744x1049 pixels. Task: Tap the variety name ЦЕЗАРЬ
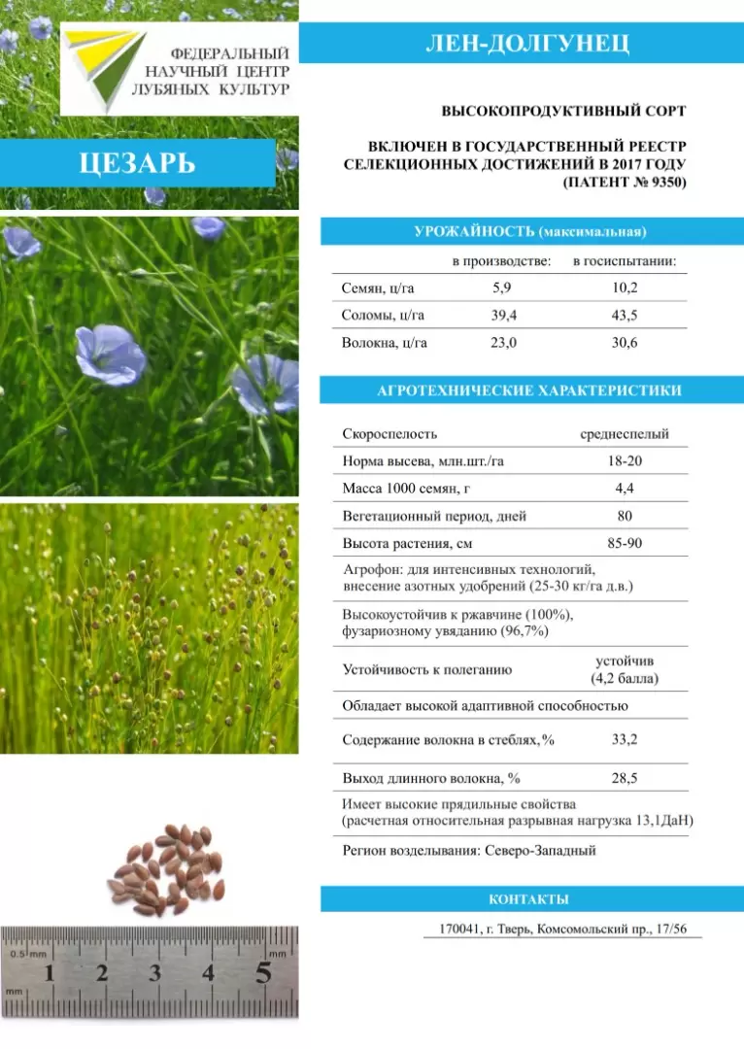click(x=137, y=162)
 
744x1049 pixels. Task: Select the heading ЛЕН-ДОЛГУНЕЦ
click(x=527, y=44)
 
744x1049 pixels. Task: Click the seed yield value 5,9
click(x=501, y=288)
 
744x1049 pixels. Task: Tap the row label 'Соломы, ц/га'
click(x=383, y=316)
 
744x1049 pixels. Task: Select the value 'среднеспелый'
click(x=625, y=434)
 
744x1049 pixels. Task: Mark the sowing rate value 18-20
click(x=625, y=461)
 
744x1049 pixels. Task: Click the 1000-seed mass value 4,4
click(x=625, y=489)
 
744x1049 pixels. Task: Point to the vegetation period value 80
click(x=625, y=516)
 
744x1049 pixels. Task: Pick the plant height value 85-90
click(x=625, y=543)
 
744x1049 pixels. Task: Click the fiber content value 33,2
click(x=625, y=740)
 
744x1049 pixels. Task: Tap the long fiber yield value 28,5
click(x=625, y=778)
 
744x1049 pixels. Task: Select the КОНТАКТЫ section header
click(x=528, y=899)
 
